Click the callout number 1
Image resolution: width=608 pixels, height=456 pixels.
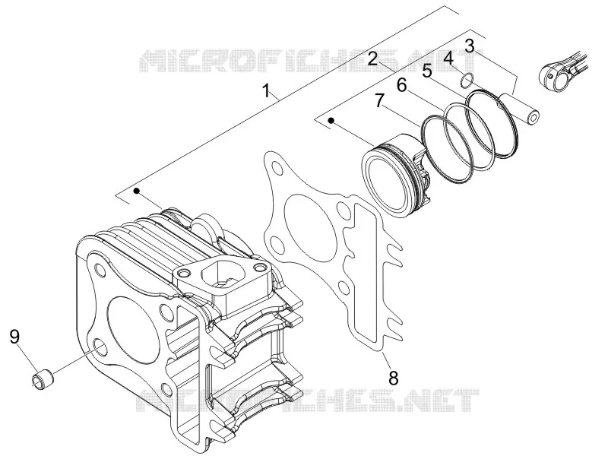coord(266,91)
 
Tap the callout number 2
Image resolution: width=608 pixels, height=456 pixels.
coord(372,59)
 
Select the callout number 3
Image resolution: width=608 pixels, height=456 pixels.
coord(470,46)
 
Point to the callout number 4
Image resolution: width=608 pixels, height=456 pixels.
coord(448,59)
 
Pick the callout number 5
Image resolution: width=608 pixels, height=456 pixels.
coord(427,71)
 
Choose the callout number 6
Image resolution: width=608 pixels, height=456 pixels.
coord(402,85)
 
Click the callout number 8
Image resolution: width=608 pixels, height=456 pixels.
coord(393,377)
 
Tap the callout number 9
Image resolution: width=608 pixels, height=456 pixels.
coord(14,336)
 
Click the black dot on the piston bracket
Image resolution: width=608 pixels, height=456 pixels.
coord(331,120)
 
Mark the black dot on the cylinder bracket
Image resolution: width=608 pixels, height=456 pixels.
coord(136,191)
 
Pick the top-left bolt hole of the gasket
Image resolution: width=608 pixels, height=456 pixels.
coord(277,169)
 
